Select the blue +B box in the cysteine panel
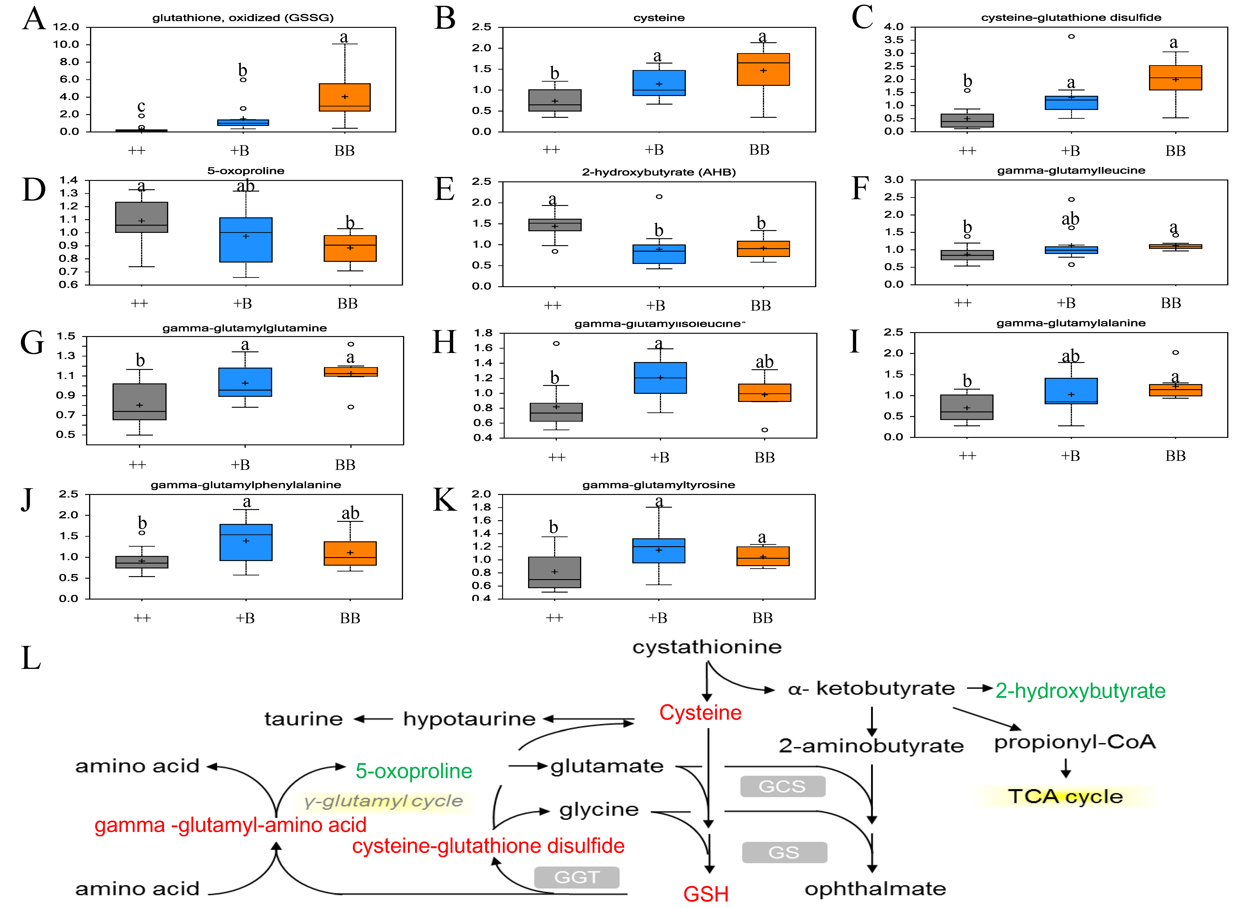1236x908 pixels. pyautogui.click(x=659, y=83)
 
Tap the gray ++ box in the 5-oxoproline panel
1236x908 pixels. pyautogui.click(x=141, y=217)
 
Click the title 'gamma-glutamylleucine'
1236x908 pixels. pyautogui.click(x=1071, y=170)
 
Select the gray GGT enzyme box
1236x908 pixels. pyautogui.click(x=576, y=877)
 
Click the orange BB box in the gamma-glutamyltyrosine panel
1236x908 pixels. pyautogui.click(x=763, y=556)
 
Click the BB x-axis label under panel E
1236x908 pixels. pyautogui.click(x=760, y=306)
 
